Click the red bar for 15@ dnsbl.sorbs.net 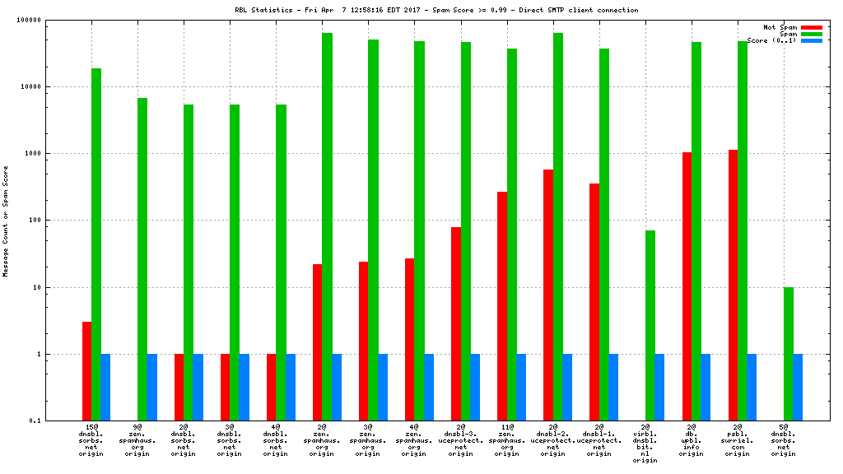(86, 371)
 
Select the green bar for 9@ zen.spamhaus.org (142, 259)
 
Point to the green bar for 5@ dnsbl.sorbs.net (789, 354)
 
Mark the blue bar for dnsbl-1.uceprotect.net (613, 387)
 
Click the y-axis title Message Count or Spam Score (7, 221)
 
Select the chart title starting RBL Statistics (436, 10)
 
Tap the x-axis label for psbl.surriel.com (738, 441)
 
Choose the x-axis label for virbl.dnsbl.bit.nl (645, 444)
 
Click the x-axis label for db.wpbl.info (692, 441)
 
